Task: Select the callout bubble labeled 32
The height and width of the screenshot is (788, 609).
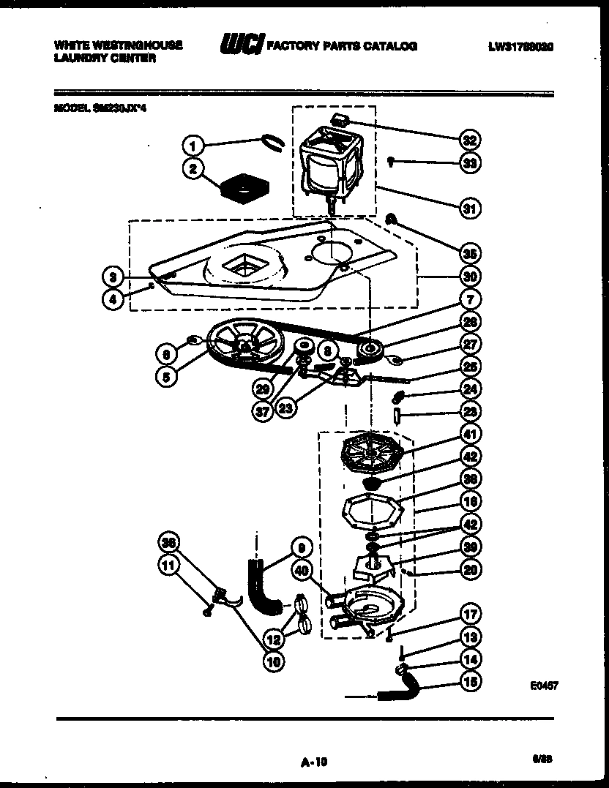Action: pos(469,140)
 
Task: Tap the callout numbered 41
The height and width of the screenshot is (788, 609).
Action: pos(469,435)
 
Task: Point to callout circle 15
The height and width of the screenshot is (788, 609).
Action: pos(469,681)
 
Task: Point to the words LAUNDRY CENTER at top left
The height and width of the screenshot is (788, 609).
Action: pos(105,58)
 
